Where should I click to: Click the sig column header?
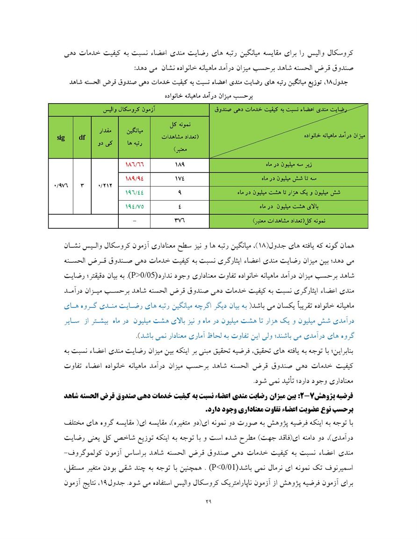tap(60, 138)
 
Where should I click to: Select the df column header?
tap(82, 138)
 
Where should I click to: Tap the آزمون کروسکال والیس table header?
tap(129, 110)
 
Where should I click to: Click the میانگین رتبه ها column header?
tap(135, 138)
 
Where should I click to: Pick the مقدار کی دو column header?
tap(105, 138)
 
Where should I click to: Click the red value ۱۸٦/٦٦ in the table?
tap(135, 165)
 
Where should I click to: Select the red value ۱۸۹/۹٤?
tap(135, 178)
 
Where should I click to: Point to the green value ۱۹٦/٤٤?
tap(135, 192)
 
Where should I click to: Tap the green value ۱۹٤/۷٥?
tap(135, 205)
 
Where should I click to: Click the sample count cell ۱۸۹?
tap(180, 165)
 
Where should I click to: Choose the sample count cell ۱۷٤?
tap(180, 178)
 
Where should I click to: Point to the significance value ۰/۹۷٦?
tap(60, 185)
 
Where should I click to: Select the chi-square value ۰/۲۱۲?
tap(105, 185)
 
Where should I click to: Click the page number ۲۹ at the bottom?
tap(208, 502)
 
